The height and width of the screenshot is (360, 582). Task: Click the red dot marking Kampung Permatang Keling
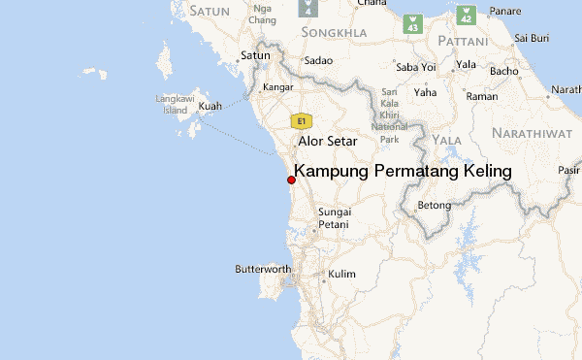tap(291, 180)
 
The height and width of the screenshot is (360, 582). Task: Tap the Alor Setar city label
tap(328, 141)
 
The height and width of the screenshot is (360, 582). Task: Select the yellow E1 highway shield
tap(302, 121)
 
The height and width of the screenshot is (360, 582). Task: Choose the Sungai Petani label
tap(333, 218)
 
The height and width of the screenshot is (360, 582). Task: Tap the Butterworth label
tap(264, 269)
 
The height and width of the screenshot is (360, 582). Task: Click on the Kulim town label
tap(341, 275)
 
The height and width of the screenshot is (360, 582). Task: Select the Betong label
tap(434, 206)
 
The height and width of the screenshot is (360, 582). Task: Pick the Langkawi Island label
tap(174, 104)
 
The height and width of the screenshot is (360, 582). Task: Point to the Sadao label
tap(318, 60)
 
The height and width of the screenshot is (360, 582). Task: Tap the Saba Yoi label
tap(414, 66)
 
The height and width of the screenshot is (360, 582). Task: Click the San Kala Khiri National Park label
tap(390, 119)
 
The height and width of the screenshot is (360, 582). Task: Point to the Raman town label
tap(482, 96)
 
